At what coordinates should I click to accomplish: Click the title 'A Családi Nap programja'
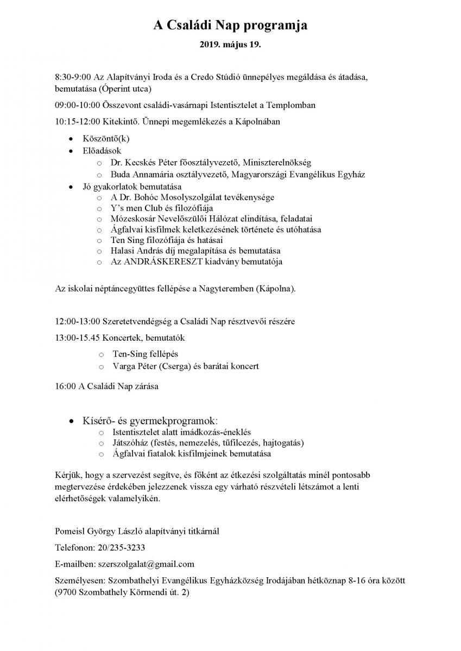pyautogui.click(x=230, y=25)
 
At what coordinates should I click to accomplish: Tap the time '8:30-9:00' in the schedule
pyautogui.click(x=73, y=77)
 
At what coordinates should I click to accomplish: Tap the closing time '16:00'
pyautogui.click(x=66, y=387)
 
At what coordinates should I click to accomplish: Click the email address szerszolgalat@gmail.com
pyautogui.click(x=146, y=564)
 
